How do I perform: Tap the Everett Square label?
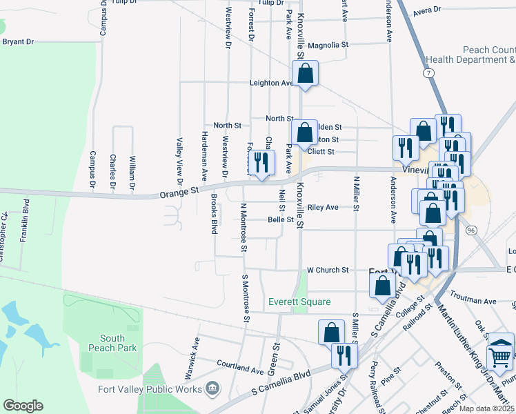click(299, 302)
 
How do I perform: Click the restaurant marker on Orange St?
click(260, 163)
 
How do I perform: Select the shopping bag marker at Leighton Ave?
click(305, 73)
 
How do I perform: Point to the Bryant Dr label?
click(19, 42)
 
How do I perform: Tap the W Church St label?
click(328, 270)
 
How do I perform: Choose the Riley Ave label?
click(323, 207)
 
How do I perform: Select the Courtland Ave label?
click(237, 363)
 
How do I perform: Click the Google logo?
click(23, 406)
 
